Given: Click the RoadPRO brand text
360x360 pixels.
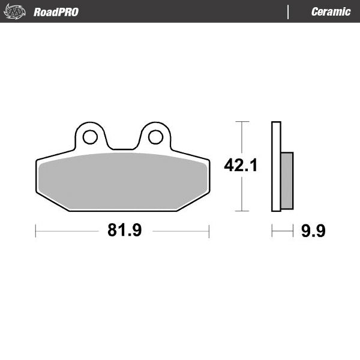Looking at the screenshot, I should click(x=56, y=11).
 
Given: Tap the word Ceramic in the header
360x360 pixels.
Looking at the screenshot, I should click(x=331, y=11).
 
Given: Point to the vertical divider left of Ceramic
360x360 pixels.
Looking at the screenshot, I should click(x=289, y=11).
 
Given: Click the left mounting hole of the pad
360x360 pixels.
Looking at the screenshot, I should click(x=90, y=137).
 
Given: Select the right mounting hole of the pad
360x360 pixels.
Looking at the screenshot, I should click(x=155, y=137).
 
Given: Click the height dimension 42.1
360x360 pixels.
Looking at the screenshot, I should click(x=241, y=165).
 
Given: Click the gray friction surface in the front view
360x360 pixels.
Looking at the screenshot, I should click(x=123, y=180).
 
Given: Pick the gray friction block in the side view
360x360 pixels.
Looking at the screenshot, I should click(x=287, y=180).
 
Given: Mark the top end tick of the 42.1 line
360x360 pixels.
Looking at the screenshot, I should click(x=241, y=122).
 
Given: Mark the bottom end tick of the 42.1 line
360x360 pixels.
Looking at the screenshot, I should click(x=241, y=211).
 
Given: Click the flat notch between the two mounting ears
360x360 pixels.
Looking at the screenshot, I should click(x=123, y=149).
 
